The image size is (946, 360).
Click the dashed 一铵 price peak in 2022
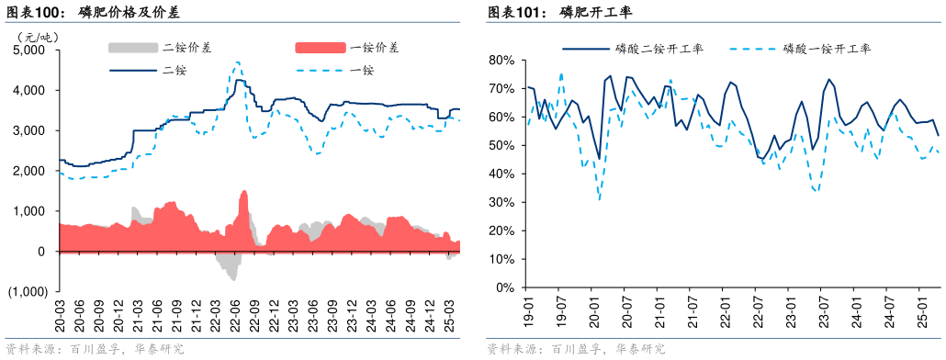[x=237, y=62]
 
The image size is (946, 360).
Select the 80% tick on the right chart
[x=501, y=60]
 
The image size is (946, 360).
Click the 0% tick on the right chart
[x=504, y=287]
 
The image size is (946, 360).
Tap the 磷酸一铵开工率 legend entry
[x=828, y=49]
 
